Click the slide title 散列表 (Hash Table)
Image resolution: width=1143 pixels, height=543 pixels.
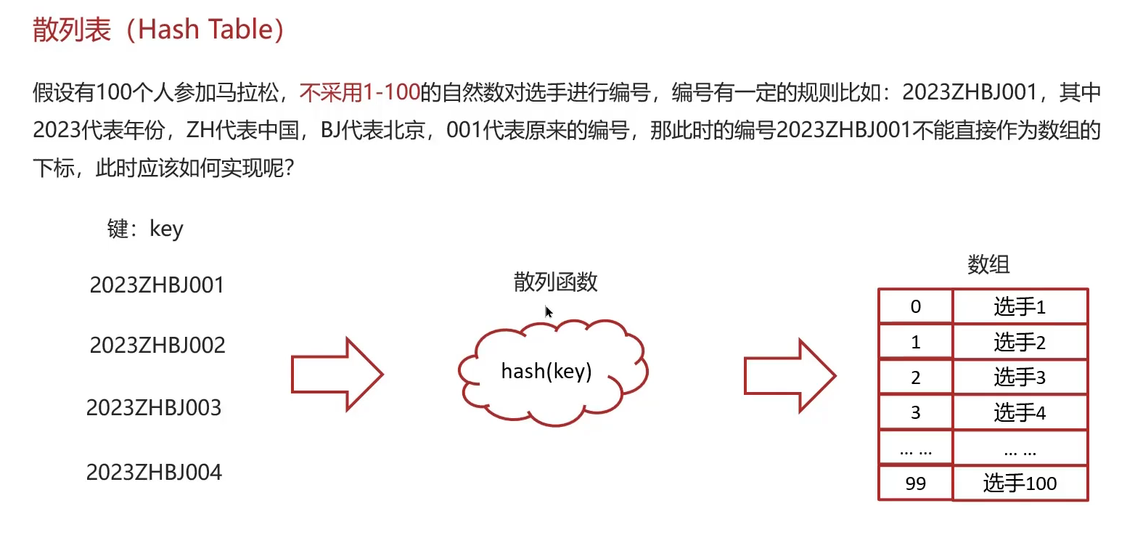pyautogui.click(x=158, y=30)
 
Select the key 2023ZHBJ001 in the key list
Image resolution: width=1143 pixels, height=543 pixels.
pyautogui.click(x=157, y=285)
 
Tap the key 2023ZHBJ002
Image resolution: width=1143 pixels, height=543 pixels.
pyautogui.click(x=157, y=345)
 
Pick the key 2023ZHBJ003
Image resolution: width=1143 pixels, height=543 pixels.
pyautogui.click(x=154, y=408)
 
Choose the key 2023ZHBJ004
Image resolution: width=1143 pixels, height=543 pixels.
pyautogui.click(x=154, y=473)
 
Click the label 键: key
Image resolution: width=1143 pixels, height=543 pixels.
pyautogui.click(x=145, y=229)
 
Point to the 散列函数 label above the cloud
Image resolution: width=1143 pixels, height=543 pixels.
pyautogui.click(x=555, y=282)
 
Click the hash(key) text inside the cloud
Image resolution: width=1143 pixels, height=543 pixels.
pyautogui.click(x=546, y=372)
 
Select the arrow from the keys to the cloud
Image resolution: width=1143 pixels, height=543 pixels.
pyautogui.click(x=336, y=375)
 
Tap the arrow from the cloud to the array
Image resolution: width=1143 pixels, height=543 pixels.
pyautogui.click(x=790, y=376)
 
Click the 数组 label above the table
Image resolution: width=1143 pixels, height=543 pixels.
pyautogui.click(x=988, y=264)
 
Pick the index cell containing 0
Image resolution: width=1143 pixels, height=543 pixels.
pyautogui.click(x=915, y=307)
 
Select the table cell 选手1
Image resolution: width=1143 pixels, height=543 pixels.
pyautogui.click(x=1020, y=307)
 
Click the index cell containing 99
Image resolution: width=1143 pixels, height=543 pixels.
pyautogui.click(x=915, y=483)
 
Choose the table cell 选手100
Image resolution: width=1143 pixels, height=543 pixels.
pyautogui.click(x=1020, y=483)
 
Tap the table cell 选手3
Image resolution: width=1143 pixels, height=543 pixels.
pyautogui.click(x=1020, y=377)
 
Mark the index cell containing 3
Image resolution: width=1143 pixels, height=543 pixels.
pyautogui.click(x=915, y=413)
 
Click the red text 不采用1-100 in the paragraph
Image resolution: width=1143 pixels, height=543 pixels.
pyautogui.click(x=360, y=92)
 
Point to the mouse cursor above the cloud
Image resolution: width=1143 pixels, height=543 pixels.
pyautogui.click(x=548, y=311)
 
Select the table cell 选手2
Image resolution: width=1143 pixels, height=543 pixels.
pyautogui.click(x=1020, y=342)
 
